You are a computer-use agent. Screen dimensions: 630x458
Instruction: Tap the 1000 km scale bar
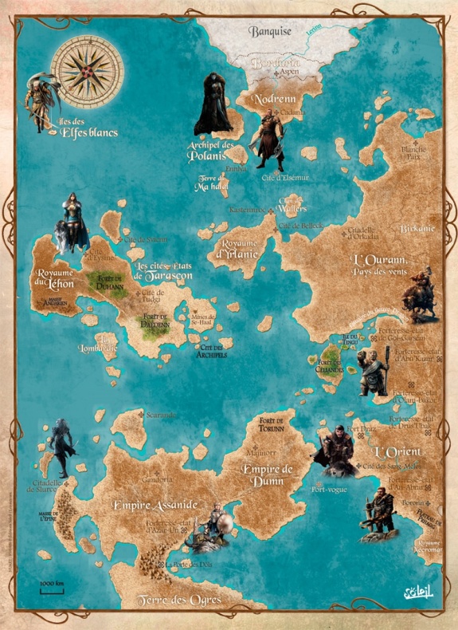click(52, 589)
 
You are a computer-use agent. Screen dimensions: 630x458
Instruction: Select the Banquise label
click(271, 32)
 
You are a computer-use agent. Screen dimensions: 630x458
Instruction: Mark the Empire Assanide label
click(156, 505)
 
